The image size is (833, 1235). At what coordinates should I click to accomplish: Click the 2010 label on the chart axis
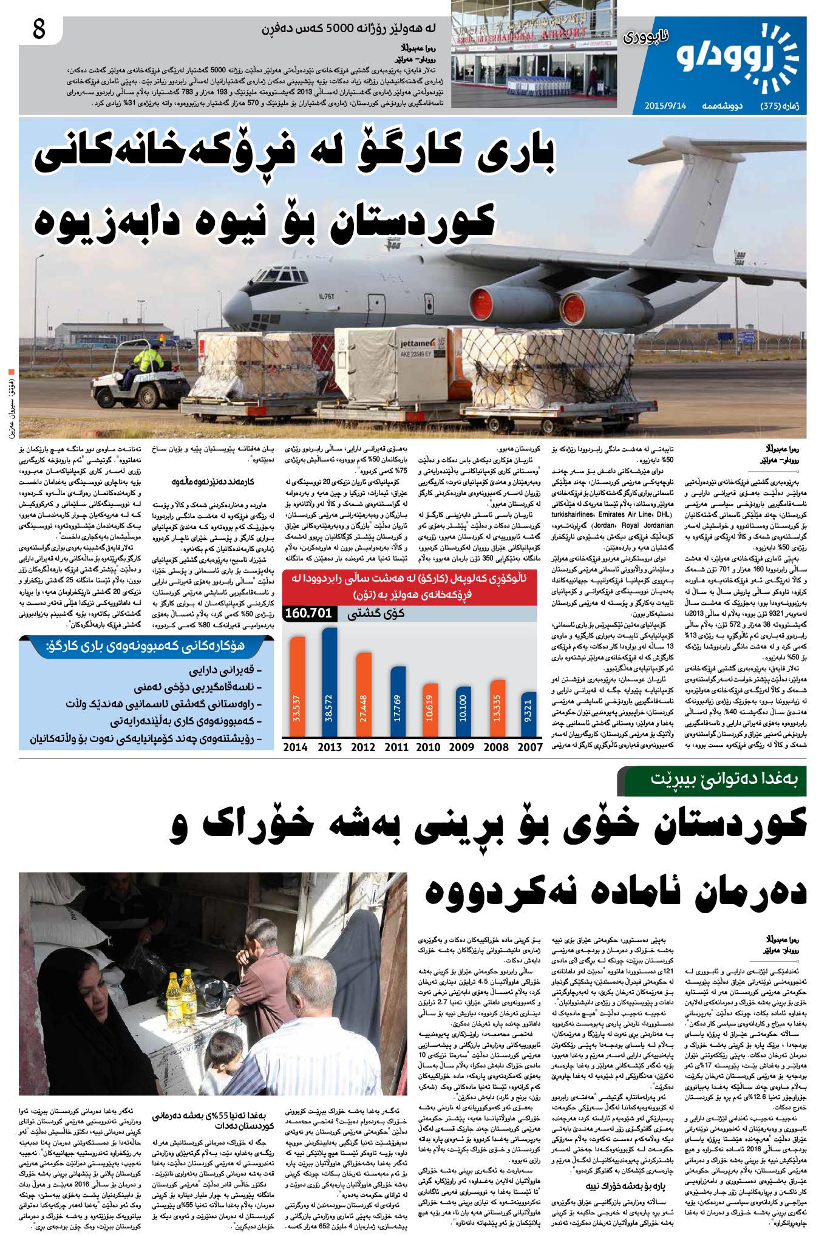[428, 747]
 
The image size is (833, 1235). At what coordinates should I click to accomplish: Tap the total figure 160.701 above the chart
[308, 613]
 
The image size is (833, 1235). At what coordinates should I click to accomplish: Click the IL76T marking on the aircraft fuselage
[327, 296]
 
